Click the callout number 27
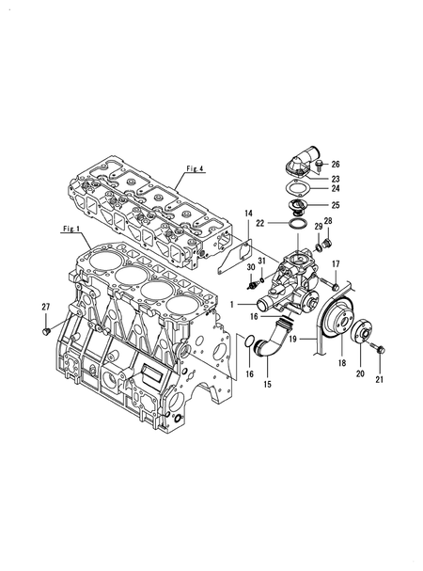pos(45,307)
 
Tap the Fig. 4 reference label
pos(196,168)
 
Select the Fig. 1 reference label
pos(71,229)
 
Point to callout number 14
pos(248,213)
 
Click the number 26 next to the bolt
pos(336,165)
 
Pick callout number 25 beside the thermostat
pos(336,205)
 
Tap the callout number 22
pos(259,223)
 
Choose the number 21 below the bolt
pos(380,379)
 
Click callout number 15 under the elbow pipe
pos(268,384)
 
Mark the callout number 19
pos(293,339)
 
